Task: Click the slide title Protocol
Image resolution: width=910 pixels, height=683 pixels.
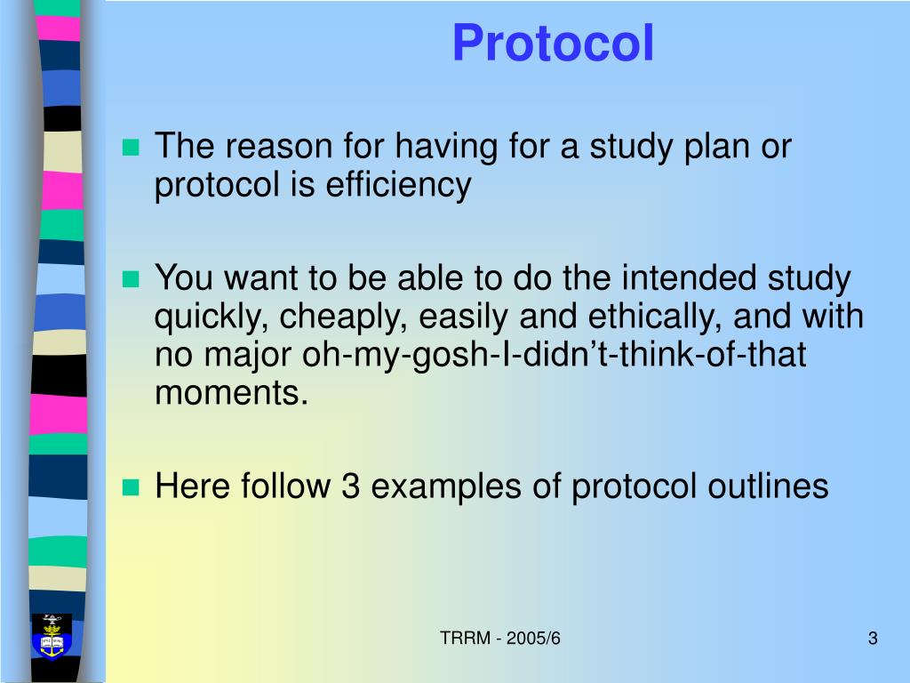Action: coord(553,44)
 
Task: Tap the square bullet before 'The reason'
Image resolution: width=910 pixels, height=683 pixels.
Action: coord(132,148)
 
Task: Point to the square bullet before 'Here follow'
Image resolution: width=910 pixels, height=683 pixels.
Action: coord(132,487)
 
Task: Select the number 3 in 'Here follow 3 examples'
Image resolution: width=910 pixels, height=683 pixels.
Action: coord(348,486)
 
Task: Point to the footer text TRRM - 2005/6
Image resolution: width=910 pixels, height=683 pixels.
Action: coord(502,639)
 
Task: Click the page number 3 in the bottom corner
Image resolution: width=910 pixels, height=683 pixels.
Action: coord(873,639)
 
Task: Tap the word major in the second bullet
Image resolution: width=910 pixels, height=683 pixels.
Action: coord(251,355)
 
